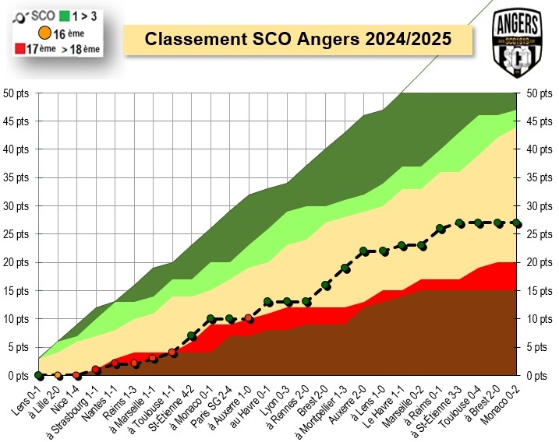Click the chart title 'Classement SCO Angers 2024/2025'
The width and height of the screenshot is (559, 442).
coord(299,39)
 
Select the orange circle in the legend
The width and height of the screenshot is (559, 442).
coord(45,33)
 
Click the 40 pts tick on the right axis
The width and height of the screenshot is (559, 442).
coord(540,149)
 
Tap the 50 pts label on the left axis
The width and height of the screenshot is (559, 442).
coord(17,93)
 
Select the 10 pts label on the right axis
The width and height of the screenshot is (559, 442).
coord(540,319)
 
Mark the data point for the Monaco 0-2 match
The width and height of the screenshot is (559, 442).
coord(517,223)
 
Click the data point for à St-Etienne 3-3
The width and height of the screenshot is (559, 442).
coord(460,223)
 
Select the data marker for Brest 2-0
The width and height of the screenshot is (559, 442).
coord(326,285)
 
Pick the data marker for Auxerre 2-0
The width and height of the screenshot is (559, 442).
coord(364,251)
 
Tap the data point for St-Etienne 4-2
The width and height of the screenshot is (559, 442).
coord(192,336)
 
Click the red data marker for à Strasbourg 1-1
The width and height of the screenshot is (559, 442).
coord(96,370)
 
